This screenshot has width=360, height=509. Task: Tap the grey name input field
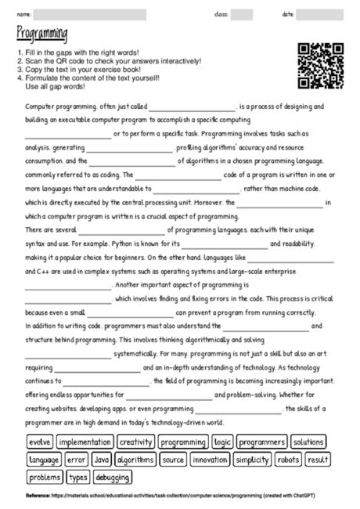[x=102, y=14]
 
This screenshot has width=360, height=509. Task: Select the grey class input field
[x=241, y=14]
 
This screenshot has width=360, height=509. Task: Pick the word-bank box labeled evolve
[x=40, y=442]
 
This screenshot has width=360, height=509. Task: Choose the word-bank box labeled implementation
[x=85, y=442]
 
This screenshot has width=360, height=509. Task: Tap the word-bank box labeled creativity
[x=135, y=442]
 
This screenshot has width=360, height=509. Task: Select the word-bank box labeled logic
[x=222, y=442]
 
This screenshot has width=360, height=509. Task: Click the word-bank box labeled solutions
[x=308, y=442]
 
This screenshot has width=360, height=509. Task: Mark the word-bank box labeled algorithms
[x=135, y=460]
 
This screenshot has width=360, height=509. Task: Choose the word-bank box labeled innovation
[x=210, y=460]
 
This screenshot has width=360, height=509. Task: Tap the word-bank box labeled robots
[x=288, y=460]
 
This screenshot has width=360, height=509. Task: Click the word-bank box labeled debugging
[x=113, y=477]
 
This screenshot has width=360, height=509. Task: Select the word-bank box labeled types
[x=78, y=477]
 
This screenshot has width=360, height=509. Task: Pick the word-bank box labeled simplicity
[x=252, y=460]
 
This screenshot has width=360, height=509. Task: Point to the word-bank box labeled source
[x=173, y=460]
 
